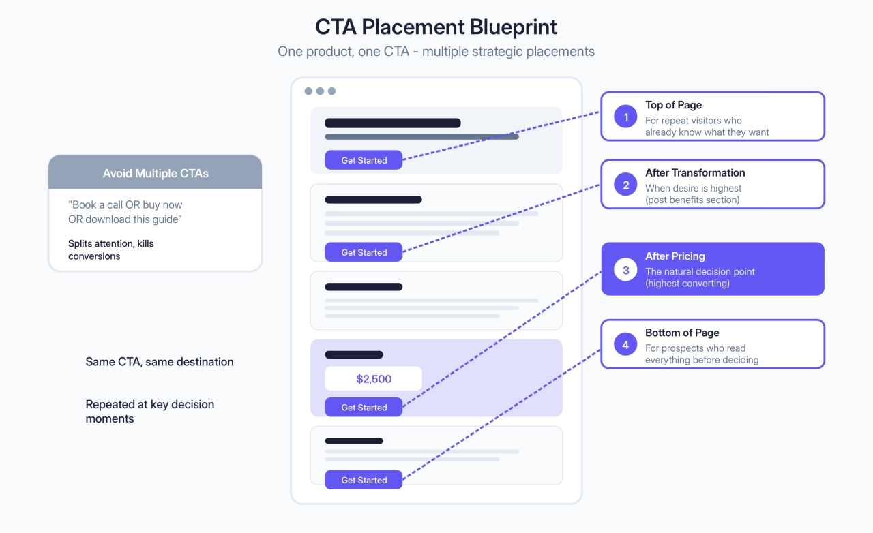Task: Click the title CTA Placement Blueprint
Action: pyautogui.click(x=436, y=27)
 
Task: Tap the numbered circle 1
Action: pyautogui.click(x=625, y=117)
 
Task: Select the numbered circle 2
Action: pyautogui.click(x=625, y=184)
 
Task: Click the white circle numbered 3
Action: pyautogui.click(x=625, y=270)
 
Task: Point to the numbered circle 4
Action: pyautogui.click(x=625, y=345)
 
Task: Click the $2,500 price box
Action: pyautogui.click(x=373, y=379)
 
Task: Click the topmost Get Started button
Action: pyautogui.click(x=364, y=160)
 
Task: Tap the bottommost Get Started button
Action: pyautogui.click(x=364, y=480)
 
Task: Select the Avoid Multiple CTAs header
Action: pyautogui.click(x=156, y=173)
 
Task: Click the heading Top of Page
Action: pyautogui.click(x=673, y=105)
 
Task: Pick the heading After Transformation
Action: pyautogui.click(x=695, y=172)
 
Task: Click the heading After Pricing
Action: pyautogui.click(x=675, y=256)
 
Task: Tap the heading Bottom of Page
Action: pyautogui.click(x=682, y=333)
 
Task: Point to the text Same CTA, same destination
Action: pyautogui.click(x=160, y=362)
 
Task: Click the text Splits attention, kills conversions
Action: pyautogui.click(x=110, y=249)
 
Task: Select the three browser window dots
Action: pyautogui.click(x=320, y=91)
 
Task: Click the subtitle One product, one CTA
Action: pyautogui.click(x=436, y=51)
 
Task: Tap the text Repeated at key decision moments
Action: pyautogui.click(x=149, y=411)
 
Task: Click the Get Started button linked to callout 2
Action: pyautogui.click(x=364, y=252)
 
